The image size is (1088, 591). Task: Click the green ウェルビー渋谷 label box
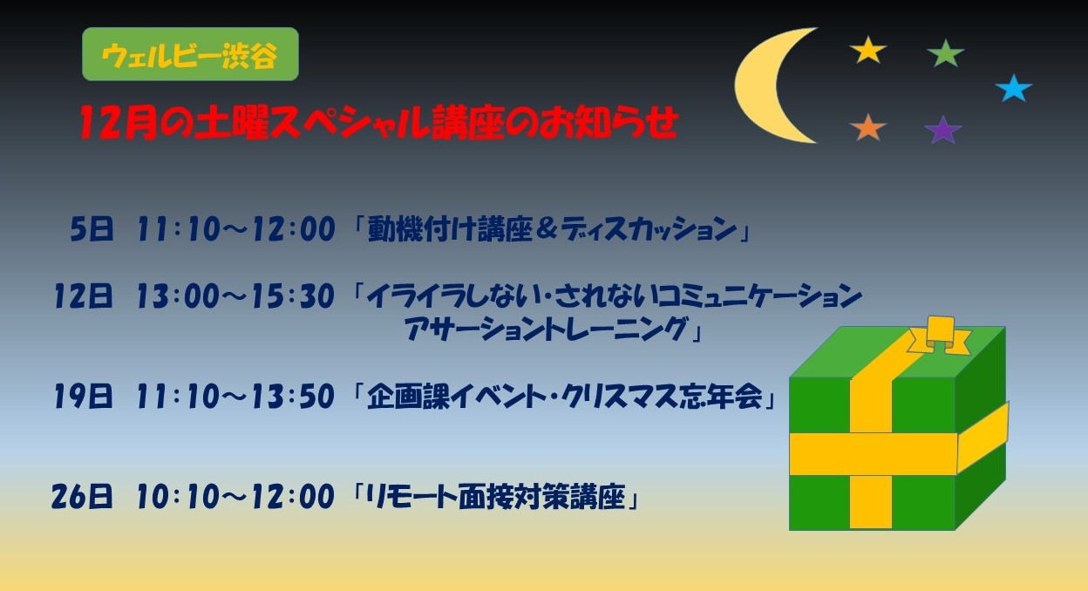(190, 54)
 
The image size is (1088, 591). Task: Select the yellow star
(867, 50)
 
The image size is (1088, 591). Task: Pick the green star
(945, 53)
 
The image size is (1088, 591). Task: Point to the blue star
(1013, 88)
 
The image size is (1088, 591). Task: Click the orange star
(867, 127)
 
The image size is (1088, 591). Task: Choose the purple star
(942, 131)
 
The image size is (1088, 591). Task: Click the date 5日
(92, 230)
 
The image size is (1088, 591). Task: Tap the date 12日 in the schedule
(83, 297)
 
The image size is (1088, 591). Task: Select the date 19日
(83, 397)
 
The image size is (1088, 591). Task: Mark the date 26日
(83, 498)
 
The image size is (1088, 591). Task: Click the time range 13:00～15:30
(235, 297)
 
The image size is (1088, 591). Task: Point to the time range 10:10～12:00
(235, 498)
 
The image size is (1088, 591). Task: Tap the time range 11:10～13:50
(235, 397)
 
